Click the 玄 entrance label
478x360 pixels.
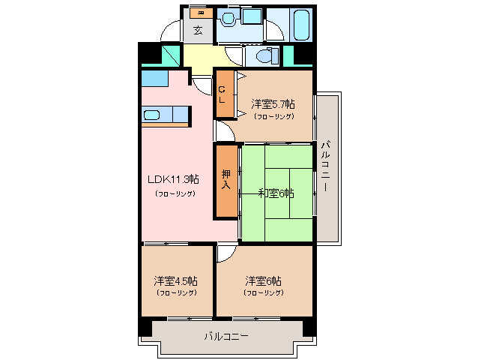click(x=198, y=31)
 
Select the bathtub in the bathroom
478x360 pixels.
click(x=302, y=24)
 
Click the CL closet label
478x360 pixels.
click(x=223, y=95)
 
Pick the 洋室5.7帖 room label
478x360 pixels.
click(x=273, y=104)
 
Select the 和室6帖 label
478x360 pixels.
click(x=276, y=193)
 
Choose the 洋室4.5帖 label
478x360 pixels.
click(x=176, y=280)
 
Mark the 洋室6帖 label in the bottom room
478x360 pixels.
click(x=264, y=280)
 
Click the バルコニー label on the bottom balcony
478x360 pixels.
click(x=226, y=337)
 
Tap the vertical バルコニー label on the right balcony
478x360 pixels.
click(x=326, y=166)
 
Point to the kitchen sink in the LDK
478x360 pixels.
click(x=151, y=115)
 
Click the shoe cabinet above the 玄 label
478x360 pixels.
click(x=199, y=13)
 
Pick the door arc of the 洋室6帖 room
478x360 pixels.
click(x=224, y=253)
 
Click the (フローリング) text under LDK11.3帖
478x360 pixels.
click(x=176, y=193)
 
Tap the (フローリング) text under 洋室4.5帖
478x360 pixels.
click(x=176, y=292)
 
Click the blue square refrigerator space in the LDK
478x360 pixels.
click(x=153, y=77)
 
